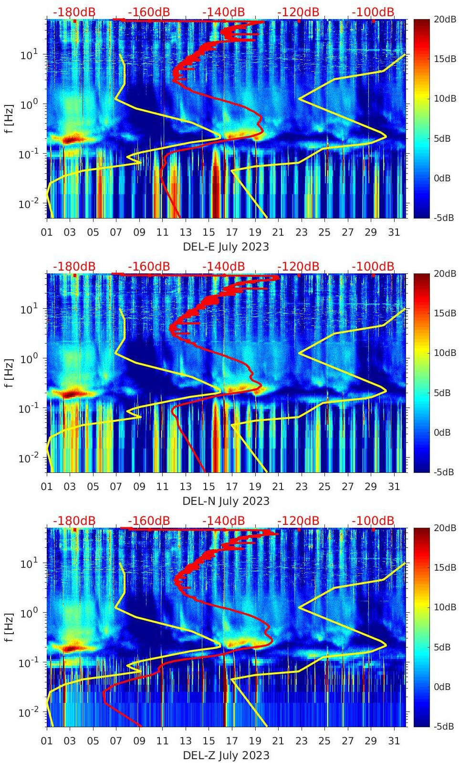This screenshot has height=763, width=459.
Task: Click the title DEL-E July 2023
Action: [226, 247]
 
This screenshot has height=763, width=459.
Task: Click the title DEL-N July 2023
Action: [226, 501]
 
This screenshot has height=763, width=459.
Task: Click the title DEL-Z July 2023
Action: [226, 755]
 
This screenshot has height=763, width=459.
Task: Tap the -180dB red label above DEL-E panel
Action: [74, 12]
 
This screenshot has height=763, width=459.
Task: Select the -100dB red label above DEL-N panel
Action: [373, 266]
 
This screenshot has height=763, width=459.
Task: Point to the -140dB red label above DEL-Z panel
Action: [223, 521]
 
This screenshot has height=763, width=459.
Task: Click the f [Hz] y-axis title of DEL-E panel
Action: [10, 119]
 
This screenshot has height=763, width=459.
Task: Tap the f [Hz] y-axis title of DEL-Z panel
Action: [10, 627]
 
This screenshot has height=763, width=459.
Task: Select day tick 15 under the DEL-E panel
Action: [209, 232]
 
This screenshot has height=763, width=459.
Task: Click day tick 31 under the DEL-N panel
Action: [394, 487]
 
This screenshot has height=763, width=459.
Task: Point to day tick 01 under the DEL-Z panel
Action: [47, 741]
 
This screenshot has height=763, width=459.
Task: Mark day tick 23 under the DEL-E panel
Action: [301, 232]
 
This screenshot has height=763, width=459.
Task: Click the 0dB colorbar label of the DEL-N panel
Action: [442, 432]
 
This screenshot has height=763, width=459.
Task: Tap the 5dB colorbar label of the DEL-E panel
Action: [442, 138]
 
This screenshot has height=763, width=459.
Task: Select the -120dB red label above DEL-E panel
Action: [298, 12]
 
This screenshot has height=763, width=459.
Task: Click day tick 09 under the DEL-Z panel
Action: [139, 741]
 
